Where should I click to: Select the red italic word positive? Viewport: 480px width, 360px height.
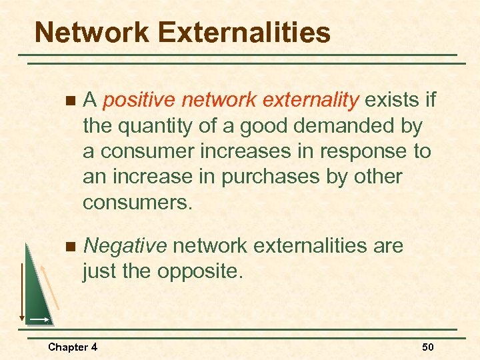139,101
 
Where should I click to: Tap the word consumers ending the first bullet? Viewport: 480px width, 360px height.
137,202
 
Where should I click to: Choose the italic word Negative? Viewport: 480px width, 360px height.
125,246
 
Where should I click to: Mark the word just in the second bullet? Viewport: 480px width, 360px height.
100,271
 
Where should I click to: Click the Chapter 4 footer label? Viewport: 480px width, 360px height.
73,347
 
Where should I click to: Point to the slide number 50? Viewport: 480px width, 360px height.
427,347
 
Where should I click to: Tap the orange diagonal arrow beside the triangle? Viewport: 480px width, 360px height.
51,286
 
